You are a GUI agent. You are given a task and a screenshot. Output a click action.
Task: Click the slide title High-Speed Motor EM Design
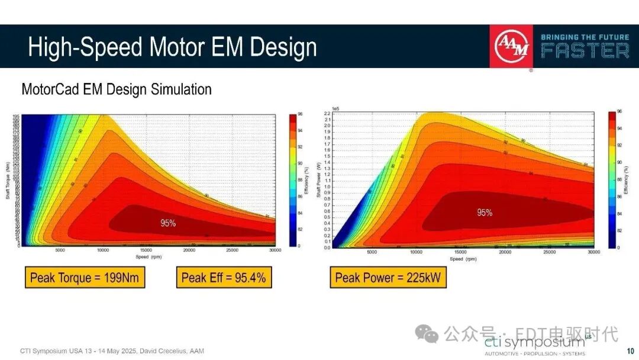(x=172, y=47)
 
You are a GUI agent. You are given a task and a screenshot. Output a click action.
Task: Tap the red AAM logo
(x=512, y=47)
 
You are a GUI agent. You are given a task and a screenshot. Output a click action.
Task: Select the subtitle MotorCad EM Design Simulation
(x=117, y=89)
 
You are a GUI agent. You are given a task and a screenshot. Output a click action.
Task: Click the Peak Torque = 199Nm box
(x=85, y=278)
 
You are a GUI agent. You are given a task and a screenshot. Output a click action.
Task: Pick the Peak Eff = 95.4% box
(x=224, y=278)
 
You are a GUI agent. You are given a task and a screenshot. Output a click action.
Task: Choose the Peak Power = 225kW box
(x=388, y=278)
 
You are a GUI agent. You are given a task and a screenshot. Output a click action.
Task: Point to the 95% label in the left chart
(x=168, y=223)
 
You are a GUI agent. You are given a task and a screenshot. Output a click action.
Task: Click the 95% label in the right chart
(x=485, y=213)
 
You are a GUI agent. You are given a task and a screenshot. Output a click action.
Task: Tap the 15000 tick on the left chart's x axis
(x=146, y=250)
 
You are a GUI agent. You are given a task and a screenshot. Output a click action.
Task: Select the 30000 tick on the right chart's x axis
(x=593, y=252)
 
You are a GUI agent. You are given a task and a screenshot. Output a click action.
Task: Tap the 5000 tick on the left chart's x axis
(x=60, y=250)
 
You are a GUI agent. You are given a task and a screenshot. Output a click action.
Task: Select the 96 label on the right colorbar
(x=619, y=111)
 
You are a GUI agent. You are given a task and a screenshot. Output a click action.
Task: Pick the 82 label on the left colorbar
(x=299, y=229)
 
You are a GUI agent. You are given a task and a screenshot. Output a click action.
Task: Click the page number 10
(x=630, y=351)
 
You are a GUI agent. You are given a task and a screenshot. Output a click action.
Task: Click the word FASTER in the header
(x=585, y=52)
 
